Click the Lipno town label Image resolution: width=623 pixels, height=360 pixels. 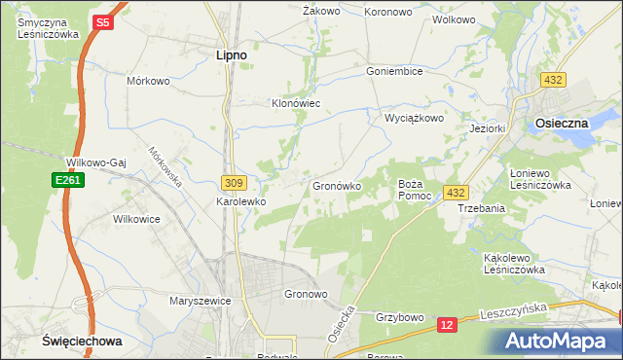coord(230,56)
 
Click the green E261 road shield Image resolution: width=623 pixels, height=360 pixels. coord(66,180)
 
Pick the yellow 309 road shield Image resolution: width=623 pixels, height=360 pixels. coord(232,182)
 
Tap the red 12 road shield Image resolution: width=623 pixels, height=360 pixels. coord(447,323)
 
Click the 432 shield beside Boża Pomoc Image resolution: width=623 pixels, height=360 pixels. coord(456,193)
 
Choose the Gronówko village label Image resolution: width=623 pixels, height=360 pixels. coord(337,185)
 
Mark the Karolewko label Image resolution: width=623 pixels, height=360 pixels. coord(240,202)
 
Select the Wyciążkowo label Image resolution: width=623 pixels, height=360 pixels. coord(415,118)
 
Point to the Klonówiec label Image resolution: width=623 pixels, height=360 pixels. coord(295,102)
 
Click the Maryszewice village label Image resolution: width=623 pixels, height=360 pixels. coord(200,301)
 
